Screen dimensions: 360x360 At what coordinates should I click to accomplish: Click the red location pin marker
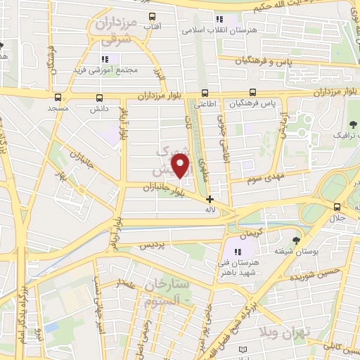(x=181, y=167)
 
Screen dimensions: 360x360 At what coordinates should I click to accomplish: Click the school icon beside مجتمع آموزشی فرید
(x=105, y=60)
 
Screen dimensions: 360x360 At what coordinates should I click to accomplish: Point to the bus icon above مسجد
(x=57, y=98)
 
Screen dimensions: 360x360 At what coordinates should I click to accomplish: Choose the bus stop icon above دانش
(x=98, y=98)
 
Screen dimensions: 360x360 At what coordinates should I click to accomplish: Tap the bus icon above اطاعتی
(x=205, y=92)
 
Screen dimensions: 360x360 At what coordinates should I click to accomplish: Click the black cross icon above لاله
(x=210, y=199)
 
